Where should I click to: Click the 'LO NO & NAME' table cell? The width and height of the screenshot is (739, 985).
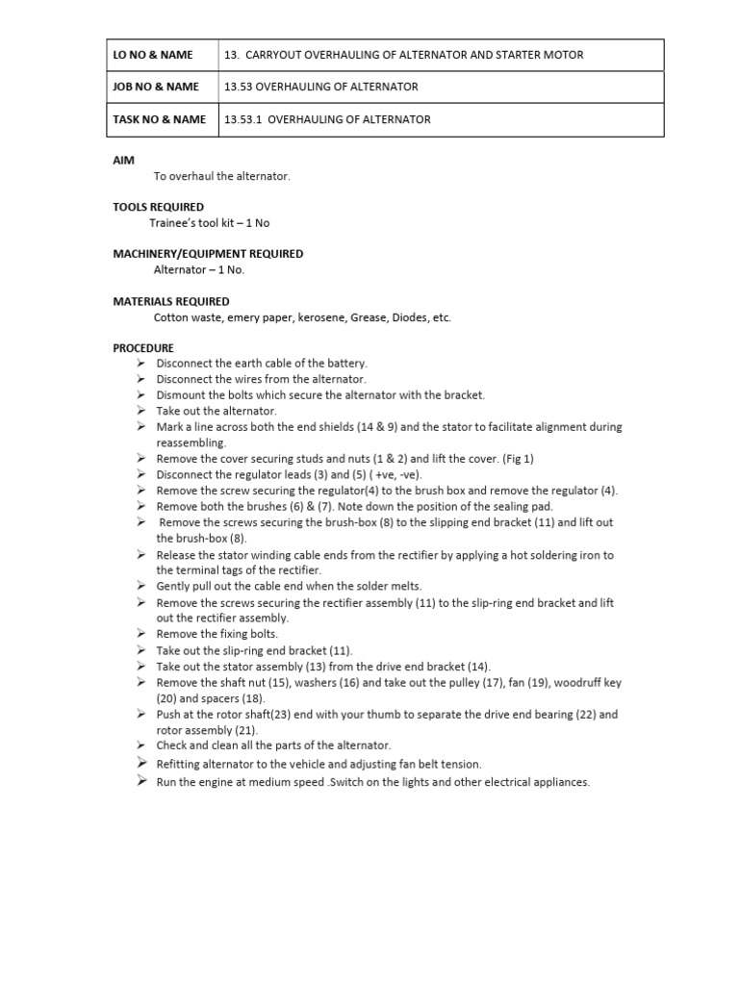click(x=153, y=55)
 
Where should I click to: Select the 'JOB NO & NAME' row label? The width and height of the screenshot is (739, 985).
click(x=156, y=87)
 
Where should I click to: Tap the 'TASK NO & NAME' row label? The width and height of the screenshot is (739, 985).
click(x=159, y=119)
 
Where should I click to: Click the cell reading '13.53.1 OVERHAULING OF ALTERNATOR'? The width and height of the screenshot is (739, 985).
click(x=327, y=119)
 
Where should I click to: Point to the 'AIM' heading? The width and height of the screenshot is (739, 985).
click(x=123, y=160)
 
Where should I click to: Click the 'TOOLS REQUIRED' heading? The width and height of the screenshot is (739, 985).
click(x=158, y=207)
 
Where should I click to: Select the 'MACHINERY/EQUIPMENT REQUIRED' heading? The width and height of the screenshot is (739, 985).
click(x=208, y=254)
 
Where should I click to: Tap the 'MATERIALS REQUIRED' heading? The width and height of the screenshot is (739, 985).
click(x=170, y=301)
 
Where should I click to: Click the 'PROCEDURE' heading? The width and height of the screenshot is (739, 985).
click(x=143, y=347)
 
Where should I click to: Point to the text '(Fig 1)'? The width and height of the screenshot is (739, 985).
click(x=518, y=459)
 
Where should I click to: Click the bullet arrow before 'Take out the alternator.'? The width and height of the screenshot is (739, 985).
click(x=140, y=410)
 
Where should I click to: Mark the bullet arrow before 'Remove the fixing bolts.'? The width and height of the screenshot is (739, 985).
click(x=140, y=634)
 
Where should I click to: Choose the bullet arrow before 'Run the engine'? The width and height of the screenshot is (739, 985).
click(x=140, y=781)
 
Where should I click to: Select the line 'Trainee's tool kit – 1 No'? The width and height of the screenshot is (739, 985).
click(x=209, y=223)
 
